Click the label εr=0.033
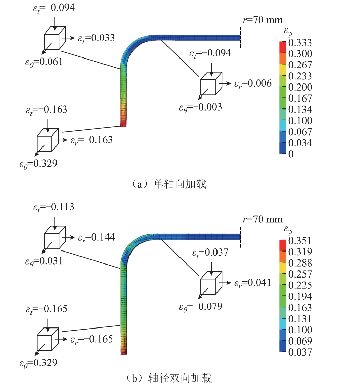point(96,38)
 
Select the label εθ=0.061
point(44,62)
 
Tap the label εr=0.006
point(253,84)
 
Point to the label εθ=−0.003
point(200,107)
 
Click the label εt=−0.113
point(54,207)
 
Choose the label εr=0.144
point(96,237)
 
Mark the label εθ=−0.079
point(200,307)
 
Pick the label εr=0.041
point(252,283)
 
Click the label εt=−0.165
point(47,309)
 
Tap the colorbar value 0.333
point(300,42)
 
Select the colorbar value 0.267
point(300,65)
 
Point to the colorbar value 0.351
point(300,241)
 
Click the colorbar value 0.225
point(300,285)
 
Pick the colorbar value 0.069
point(300,341)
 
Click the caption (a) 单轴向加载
point(169,184)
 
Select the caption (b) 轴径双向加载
point(169,378)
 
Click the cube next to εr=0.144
point(55,237)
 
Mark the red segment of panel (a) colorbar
point(283,47)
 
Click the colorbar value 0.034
point(300,143)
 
